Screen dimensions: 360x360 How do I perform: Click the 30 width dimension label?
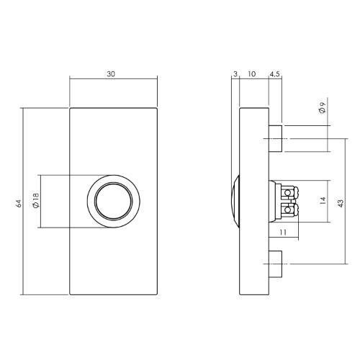click(x=112, y=74)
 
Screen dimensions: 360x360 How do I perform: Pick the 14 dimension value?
click(x=323, y=204)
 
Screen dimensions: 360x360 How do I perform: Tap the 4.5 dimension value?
click(x=276, y=74)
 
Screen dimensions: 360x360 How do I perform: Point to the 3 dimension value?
click(x=235, y=74)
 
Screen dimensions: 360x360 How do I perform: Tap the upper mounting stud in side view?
click(x=275, y=138)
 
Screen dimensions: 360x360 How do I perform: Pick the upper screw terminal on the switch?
click(x=289, y=194)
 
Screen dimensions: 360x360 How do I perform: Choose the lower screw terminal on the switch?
click(x=289, y=212)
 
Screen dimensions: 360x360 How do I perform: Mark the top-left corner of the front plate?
click(x=70, y=107)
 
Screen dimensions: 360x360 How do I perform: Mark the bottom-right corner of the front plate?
click(x=158, y=295)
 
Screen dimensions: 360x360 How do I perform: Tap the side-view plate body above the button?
click(x=253, y=144)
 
